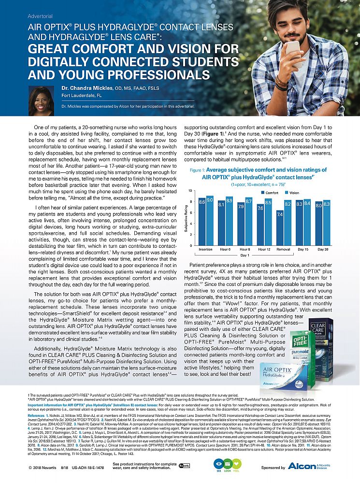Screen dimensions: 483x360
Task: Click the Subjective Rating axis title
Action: [x=186, y=220]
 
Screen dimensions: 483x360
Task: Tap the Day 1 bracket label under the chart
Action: [x=245, y=256]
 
